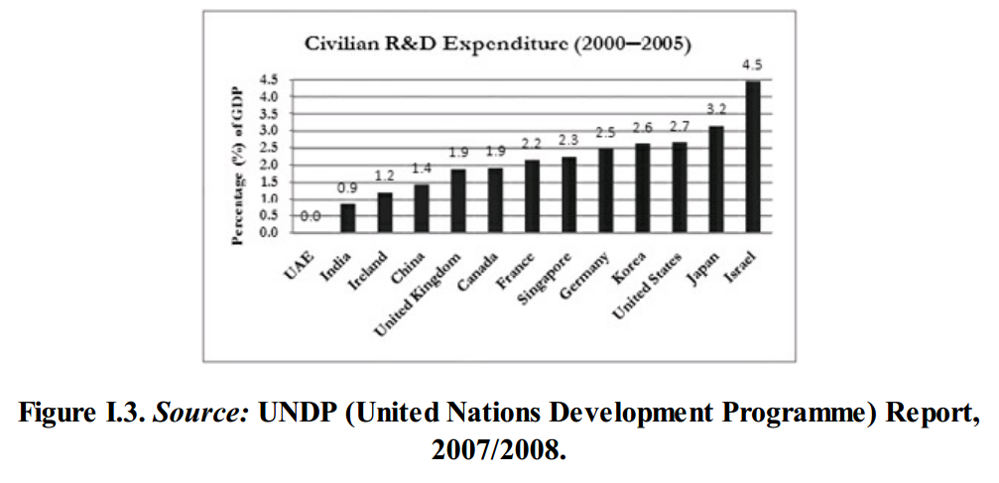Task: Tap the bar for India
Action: [347, 218]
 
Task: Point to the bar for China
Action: [422, 208]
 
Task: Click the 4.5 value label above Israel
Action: [753, 65]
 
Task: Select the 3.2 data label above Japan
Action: [716, 111]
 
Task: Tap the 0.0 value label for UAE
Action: [310, 215]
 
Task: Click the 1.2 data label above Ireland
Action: [385, 176]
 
